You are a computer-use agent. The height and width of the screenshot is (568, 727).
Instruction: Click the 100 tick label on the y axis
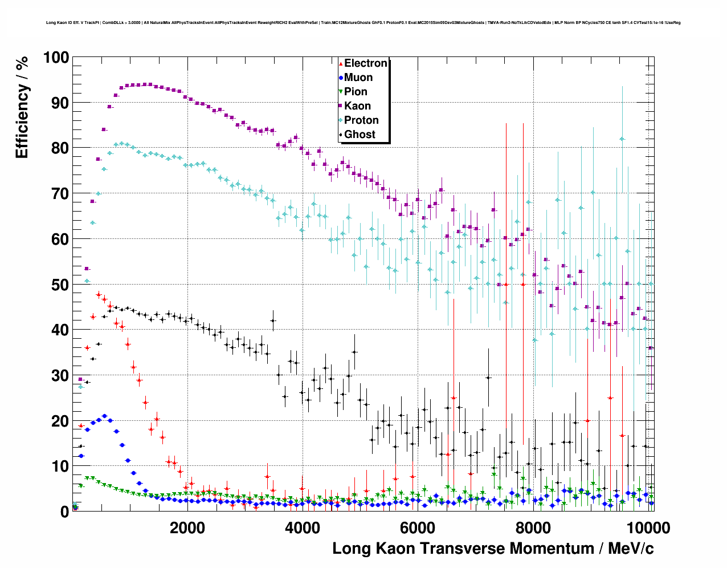[55, 58]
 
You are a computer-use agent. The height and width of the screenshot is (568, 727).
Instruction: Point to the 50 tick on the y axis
[59, 285]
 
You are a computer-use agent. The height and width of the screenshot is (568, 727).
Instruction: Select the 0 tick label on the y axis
[64, 512]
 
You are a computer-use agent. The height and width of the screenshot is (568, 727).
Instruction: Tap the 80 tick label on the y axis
[59, 148]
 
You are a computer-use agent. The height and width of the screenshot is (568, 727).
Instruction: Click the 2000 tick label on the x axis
[187, 527]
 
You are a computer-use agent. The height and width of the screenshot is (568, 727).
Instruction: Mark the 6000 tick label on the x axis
[417, 527]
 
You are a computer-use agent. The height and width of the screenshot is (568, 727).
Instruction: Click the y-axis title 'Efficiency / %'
[22, 108]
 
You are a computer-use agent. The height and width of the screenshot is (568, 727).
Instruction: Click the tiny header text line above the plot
[363, 23]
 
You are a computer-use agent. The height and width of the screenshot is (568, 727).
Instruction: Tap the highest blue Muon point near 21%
[104, 416]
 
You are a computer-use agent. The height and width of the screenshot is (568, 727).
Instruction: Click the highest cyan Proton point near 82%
[622, 139]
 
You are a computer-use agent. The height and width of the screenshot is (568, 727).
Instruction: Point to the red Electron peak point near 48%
[99, 295]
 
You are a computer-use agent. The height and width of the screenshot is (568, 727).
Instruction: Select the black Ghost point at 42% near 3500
[273, 320]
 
